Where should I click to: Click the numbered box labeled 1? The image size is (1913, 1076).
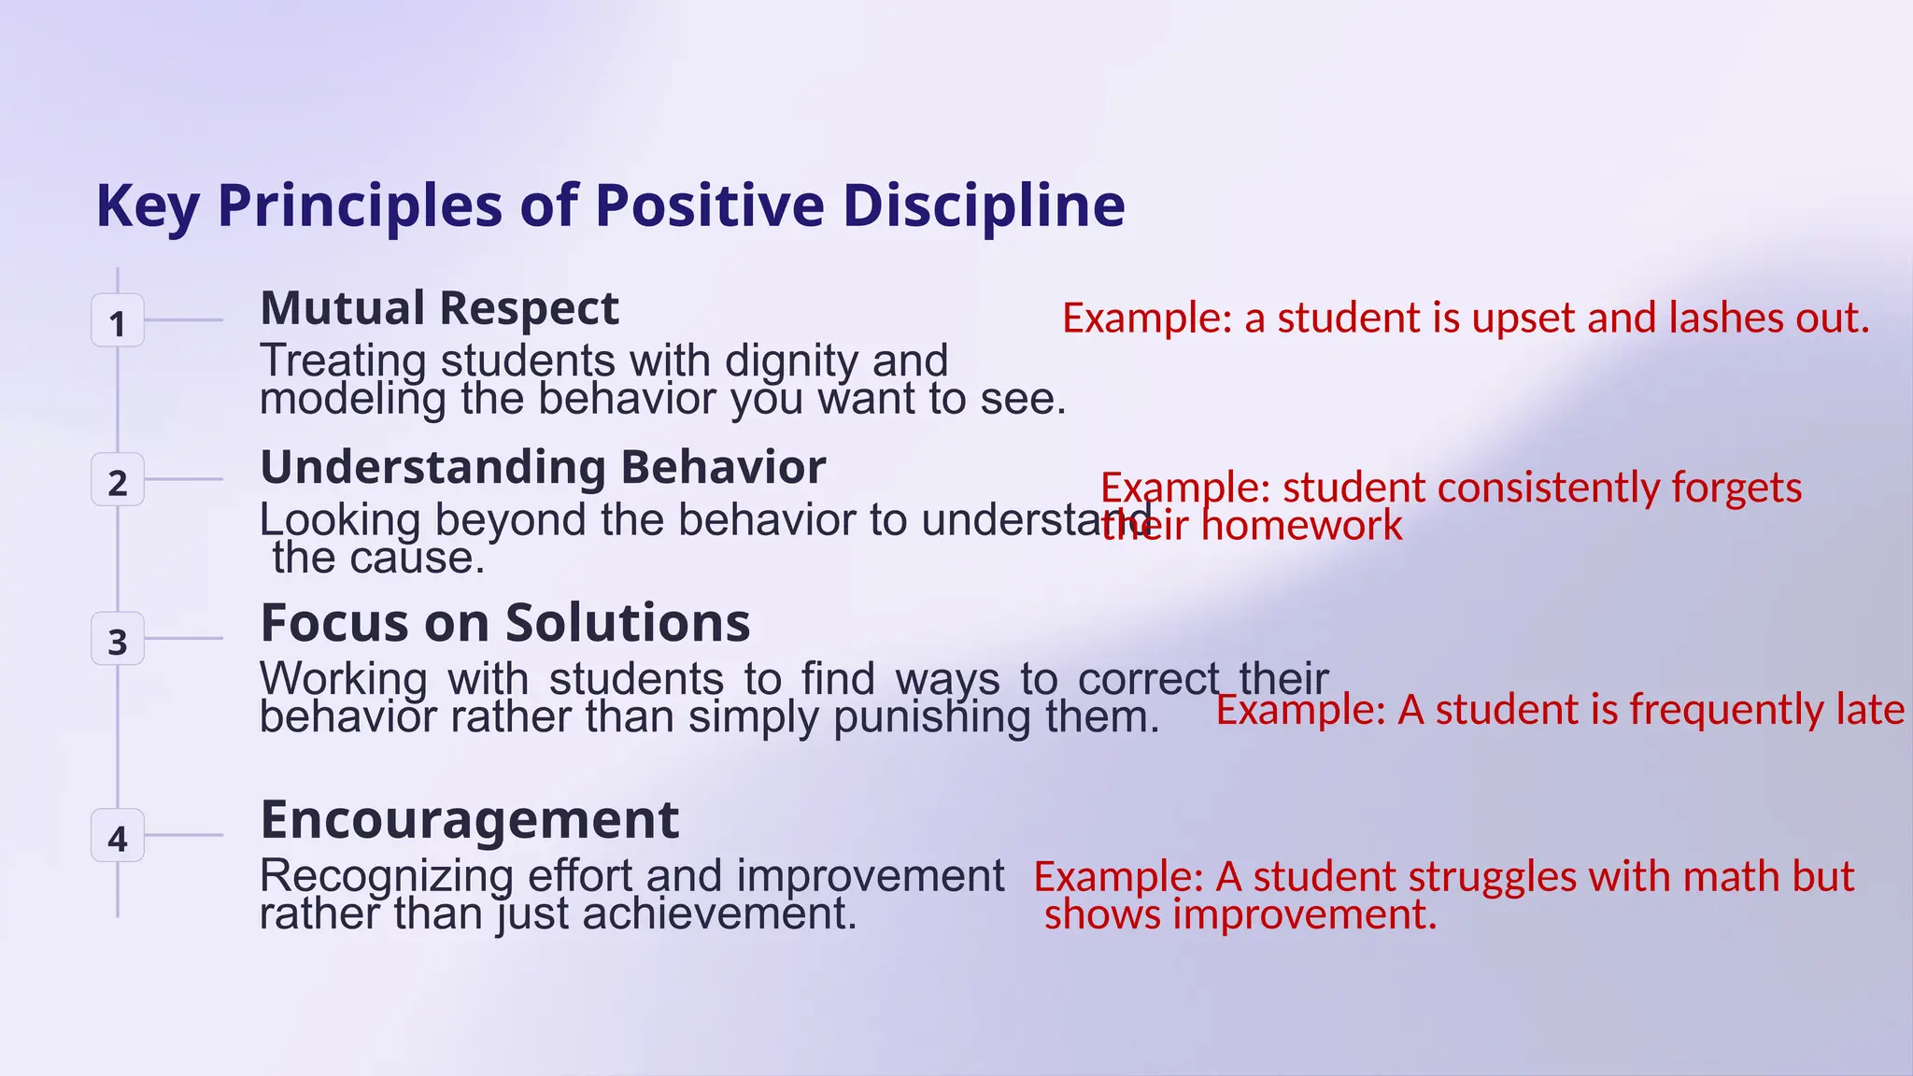(117, 320)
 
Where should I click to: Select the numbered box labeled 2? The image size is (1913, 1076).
(117, 480)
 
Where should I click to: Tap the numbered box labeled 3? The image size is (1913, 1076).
(117, 639)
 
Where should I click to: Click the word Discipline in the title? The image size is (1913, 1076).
(984, 205)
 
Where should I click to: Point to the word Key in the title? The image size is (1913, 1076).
(147, 207)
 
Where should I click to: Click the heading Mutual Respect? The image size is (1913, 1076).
(439, 308)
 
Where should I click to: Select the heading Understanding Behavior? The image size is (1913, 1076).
(543, 467)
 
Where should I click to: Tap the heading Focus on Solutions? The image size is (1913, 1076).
(504, 623)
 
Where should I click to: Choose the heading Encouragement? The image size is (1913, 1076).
(469, 820)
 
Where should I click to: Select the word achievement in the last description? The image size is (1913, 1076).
(718, 914)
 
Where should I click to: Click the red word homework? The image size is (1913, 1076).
(1301, 526)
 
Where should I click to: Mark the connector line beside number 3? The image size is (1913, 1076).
(183, 639)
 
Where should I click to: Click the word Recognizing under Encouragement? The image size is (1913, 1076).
(386, 876)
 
